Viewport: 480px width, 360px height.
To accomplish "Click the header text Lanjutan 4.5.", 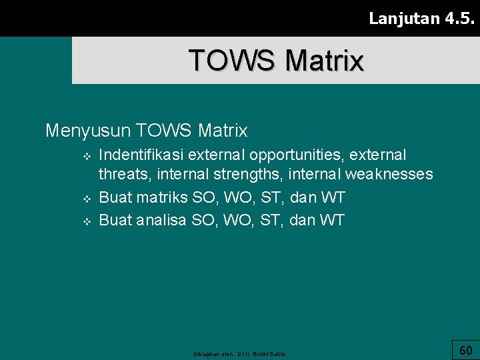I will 421,18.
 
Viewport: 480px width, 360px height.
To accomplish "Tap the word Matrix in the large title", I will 324,60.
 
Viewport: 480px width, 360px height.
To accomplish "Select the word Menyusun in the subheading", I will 87,130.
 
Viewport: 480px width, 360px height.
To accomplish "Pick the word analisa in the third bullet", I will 161,220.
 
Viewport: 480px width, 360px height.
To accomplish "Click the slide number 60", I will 465,350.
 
